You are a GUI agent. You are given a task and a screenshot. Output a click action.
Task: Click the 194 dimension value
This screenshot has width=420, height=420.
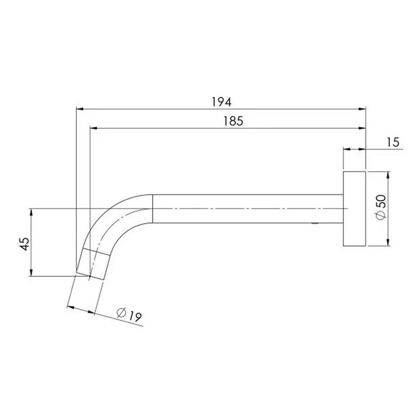point(222,102)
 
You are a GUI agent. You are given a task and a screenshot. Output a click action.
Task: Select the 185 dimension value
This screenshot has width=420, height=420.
point(233,121)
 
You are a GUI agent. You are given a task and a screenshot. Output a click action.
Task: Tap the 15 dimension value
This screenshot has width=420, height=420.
point(393,142)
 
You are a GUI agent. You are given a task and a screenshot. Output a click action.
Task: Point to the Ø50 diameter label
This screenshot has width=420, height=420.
point(381,208)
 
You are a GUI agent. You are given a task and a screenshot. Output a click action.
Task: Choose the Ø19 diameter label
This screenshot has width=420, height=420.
point(129,315)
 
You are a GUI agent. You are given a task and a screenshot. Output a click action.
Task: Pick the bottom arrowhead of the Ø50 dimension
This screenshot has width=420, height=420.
point(388,243)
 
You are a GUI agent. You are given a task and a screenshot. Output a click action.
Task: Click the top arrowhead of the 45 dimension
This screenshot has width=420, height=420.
point(31,212)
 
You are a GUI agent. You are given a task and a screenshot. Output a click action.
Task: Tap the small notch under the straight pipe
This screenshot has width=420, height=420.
point(315,224)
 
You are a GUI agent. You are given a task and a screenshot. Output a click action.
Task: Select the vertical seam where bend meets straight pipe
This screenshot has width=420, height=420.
point(153,208)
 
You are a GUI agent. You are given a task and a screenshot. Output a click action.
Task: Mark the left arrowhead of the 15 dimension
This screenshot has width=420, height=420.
point(346,149)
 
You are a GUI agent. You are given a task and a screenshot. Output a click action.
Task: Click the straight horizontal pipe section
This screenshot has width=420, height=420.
point(246,208)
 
